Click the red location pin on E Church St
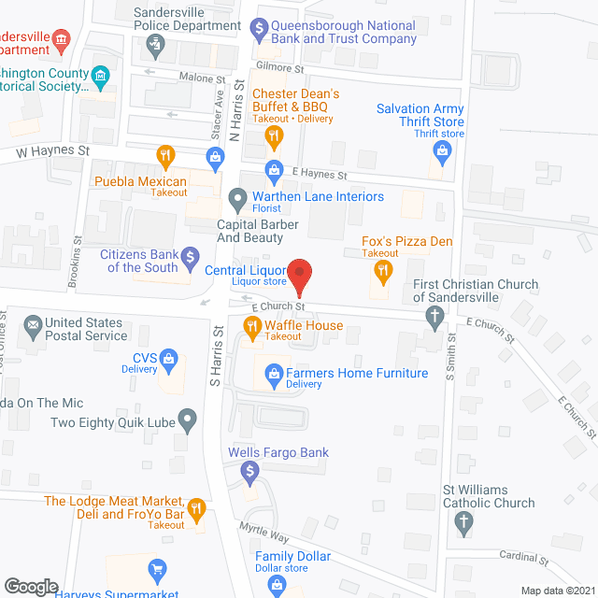(300, 275)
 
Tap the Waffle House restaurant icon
(251, 326)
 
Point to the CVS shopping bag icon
(169, 358)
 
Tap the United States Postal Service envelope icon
(34, 328)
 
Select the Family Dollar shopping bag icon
(277, 586)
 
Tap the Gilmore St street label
(287, 69)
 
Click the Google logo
(31, 586)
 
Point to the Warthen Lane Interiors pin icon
(237, 197)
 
